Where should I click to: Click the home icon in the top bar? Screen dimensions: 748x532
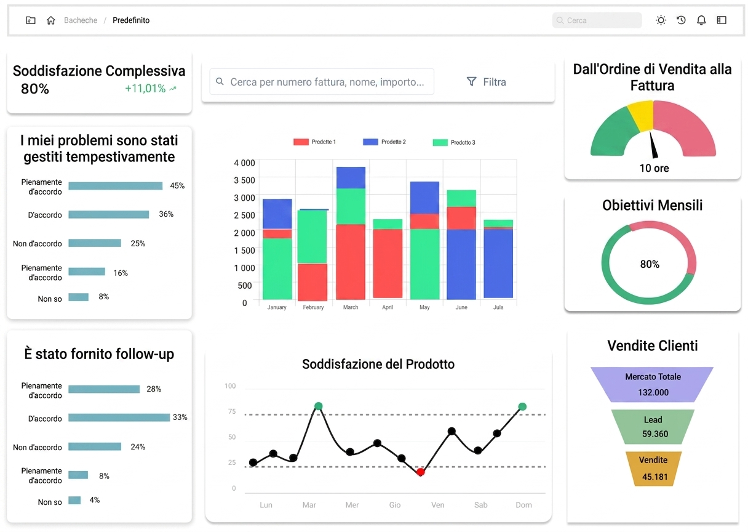point(51,20)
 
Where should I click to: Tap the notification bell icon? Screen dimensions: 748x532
point(701,20)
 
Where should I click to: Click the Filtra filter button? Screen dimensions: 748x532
point(486,82)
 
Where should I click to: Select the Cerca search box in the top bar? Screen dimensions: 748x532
point(597,20)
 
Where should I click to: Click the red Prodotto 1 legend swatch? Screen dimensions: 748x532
point(301,142)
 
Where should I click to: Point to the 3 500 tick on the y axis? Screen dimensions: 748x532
point(244,180)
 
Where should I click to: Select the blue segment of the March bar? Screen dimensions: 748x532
point(351,178)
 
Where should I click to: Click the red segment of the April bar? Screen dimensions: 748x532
point(388,264)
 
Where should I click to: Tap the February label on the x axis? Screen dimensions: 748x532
point(313,307)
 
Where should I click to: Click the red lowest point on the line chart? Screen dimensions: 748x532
point(420,472)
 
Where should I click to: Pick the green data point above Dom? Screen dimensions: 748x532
point(522,406)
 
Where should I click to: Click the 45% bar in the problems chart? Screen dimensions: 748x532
point(116,186)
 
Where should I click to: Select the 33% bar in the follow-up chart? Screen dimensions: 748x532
point(119,417)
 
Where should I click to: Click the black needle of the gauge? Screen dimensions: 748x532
point(653,144)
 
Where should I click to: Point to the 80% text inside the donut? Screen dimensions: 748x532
point(650,264)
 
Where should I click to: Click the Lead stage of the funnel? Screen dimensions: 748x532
point(653,427)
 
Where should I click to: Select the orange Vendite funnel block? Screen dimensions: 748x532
point(653,469)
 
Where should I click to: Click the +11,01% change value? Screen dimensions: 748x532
point(145,89)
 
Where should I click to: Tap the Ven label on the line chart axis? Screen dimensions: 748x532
point(437,505)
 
